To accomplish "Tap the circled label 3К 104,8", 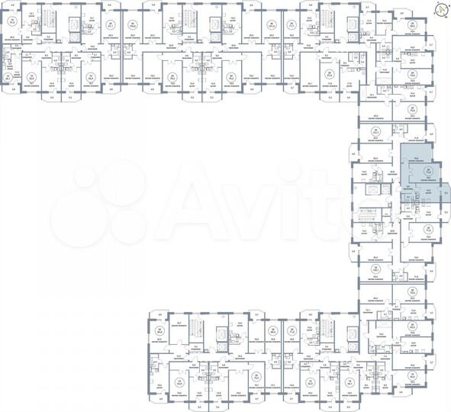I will [132, 24].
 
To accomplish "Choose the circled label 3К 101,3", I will [271, 24].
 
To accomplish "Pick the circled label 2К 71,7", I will [291, 24].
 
